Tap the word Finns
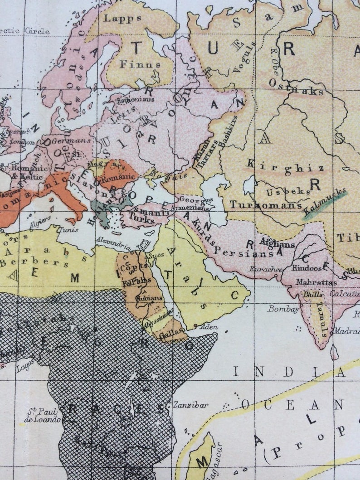click(140, 64)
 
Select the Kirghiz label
click(286, 167)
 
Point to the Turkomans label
click(265, 204)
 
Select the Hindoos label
click(306, 268)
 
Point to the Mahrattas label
click(316, 282)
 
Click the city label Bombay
click(283, 309)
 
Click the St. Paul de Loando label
click(43, 416)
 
